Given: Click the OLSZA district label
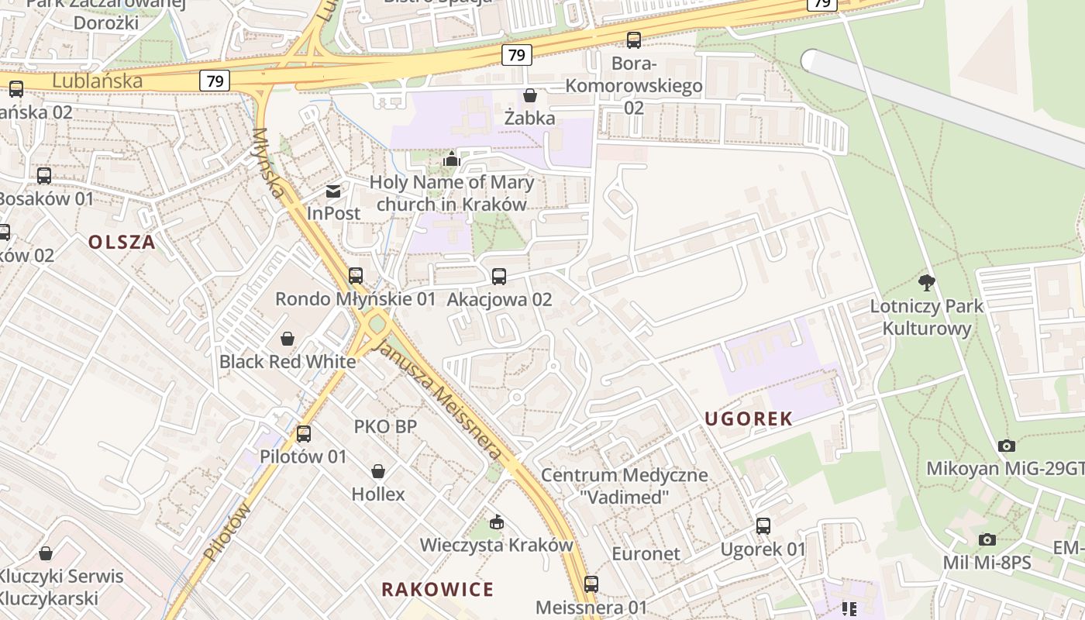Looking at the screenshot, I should (122, 242).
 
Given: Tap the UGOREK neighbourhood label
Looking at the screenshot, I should (749, 419).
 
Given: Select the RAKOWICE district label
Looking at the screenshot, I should (437, 589).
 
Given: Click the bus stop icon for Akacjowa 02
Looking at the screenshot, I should (499, 277).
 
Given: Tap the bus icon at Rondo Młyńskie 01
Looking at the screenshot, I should (356, 276).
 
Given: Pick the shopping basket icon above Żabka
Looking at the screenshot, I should (530, 95).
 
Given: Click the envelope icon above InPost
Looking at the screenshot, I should (333, 191).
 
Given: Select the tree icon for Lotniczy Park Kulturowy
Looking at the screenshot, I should (926, 283).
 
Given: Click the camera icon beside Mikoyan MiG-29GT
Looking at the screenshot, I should (1007, 446).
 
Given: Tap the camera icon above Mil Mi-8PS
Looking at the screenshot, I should (987, 539).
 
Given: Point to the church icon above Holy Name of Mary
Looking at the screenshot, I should (451, 160).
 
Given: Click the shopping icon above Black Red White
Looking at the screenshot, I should (288, 339).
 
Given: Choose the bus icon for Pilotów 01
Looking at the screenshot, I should (304, 434).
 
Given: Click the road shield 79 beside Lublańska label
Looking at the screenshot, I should (216, 80).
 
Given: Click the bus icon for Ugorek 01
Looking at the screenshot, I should (763, 526).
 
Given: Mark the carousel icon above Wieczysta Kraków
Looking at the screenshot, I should (497, 522).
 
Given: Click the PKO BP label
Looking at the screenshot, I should (385, 426).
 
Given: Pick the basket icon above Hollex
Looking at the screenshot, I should (378, 471).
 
